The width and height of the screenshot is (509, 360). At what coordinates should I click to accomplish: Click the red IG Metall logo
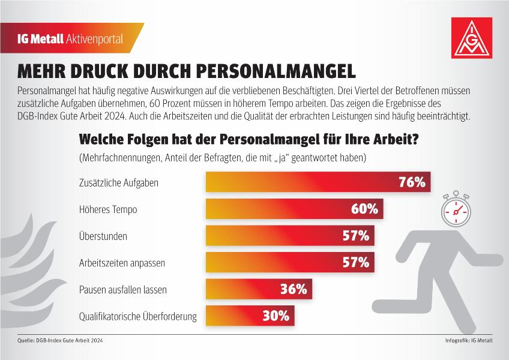click(x=472, y=38)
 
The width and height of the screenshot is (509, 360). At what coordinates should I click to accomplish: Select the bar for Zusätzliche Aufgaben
click(x=318, y=182)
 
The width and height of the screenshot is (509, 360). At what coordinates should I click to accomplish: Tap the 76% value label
click(x=412, y=182)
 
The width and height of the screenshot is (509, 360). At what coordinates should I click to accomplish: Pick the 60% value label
click(x=364, y=209)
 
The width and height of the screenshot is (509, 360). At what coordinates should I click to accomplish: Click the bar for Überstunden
click(x=290, y=235)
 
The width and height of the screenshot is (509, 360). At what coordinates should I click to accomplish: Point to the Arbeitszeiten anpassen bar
click(x=290, y=262)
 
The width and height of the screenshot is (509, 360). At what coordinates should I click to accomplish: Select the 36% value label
click(x=294, y=289)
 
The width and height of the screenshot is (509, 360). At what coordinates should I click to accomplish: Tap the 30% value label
click(x=276, y=316)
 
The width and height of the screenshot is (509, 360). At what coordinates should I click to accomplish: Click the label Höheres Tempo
click(x=108, y=209)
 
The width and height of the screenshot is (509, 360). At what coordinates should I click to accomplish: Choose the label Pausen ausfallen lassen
click(x=123, y=290)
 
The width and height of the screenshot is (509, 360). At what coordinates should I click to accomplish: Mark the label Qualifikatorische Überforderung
click(x=138, y=316)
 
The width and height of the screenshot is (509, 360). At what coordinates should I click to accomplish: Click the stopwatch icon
click(x=456, y=209)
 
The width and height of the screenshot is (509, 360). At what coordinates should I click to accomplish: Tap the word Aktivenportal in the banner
click(x=94, y=39)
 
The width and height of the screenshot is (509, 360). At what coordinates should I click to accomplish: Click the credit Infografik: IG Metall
click(x=469, y=341)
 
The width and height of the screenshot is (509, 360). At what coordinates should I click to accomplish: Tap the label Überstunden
click(x=103, y=236)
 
